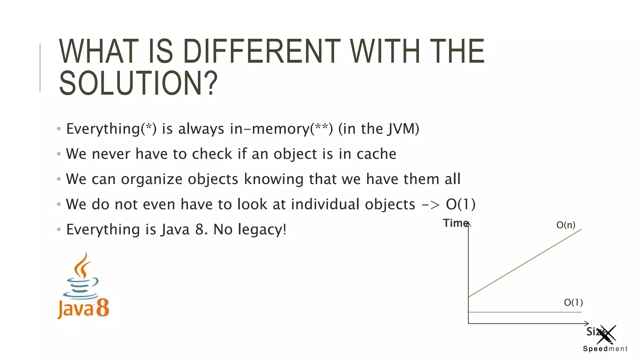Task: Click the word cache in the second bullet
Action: tap(376, 154)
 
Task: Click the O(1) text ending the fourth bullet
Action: tap(460, 204)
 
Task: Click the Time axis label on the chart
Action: tap(455, 223)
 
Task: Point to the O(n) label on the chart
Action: tap(566, 225)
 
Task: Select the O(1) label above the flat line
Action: tap(573, 302)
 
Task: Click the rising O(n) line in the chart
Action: tap(525, 263)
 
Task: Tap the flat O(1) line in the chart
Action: tap(525, 312)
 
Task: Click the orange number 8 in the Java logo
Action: tap(102, 308)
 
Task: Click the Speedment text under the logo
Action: tap(605, 349)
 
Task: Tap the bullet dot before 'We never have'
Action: tap(59, 154)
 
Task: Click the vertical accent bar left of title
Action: tap(40, 67)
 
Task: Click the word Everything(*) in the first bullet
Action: tap(111, 129)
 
